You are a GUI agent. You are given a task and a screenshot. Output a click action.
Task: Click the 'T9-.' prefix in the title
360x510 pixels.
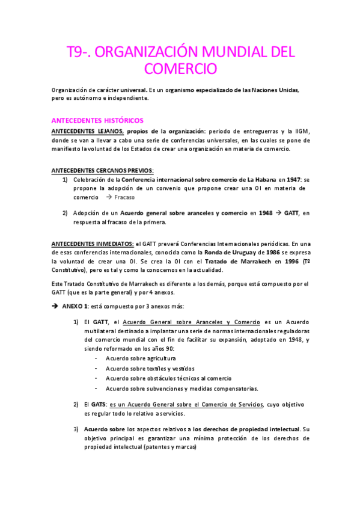pos(79,52)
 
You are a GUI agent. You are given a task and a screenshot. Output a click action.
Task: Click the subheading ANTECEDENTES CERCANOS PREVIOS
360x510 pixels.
pos(102,170)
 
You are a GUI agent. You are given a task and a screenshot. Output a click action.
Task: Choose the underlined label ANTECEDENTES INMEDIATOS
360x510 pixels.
pos(93,244)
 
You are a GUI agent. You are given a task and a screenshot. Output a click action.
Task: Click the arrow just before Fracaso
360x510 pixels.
pos(109,197)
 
